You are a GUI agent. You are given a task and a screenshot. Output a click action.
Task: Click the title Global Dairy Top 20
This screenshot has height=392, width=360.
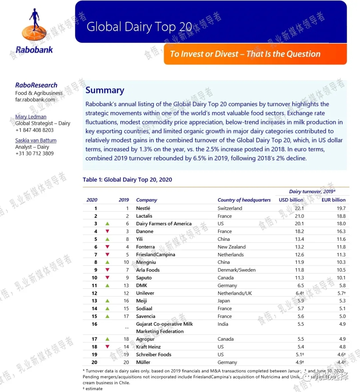(139, 27)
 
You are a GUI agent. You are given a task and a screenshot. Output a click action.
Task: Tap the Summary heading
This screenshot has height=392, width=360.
(105, 90)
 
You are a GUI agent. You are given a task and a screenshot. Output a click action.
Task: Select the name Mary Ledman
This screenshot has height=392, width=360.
(31, 117)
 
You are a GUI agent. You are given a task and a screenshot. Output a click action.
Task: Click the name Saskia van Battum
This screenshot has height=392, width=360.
(36, 140)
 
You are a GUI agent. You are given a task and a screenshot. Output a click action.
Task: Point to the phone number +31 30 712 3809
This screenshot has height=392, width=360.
(34, 153)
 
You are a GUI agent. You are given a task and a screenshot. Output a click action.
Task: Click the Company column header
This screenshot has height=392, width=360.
(146, 200)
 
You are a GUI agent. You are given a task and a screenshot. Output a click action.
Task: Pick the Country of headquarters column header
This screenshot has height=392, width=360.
(244, 200)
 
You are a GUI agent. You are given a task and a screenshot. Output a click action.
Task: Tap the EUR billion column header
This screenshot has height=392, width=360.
(333, 200)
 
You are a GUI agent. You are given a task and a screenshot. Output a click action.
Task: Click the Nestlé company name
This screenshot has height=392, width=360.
(143, 208)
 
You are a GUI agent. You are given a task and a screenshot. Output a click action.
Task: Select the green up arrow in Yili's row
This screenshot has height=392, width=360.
(107, 239)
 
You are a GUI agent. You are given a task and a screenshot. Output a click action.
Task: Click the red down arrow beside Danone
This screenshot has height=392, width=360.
(107, 231)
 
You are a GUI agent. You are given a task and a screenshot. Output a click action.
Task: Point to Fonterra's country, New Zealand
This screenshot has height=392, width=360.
(231, 247)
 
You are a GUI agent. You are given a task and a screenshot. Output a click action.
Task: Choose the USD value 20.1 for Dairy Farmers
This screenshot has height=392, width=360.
(299, 223)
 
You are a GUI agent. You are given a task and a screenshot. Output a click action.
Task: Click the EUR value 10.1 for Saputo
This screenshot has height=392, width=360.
(341, 277)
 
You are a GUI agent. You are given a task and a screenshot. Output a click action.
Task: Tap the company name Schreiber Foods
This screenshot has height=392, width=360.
(154, 354)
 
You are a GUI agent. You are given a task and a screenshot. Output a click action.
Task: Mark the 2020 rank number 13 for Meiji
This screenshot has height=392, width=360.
(94, 301)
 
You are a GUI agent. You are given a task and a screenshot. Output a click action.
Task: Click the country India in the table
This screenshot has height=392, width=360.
(223, 324)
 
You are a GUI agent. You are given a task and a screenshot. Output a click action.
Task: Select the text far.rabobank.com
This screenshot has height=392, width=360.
(35, 99)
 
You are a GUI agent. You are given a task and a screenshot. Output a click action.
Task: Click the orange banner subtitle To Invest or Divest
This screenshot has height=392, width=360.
(245, 54)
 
